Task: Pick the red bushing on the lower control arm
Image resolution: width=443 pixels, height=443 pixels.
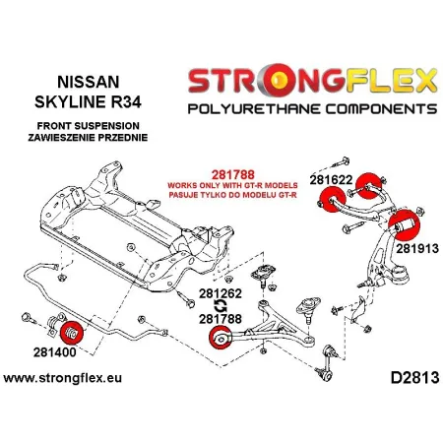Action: (x=223, y=343)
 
